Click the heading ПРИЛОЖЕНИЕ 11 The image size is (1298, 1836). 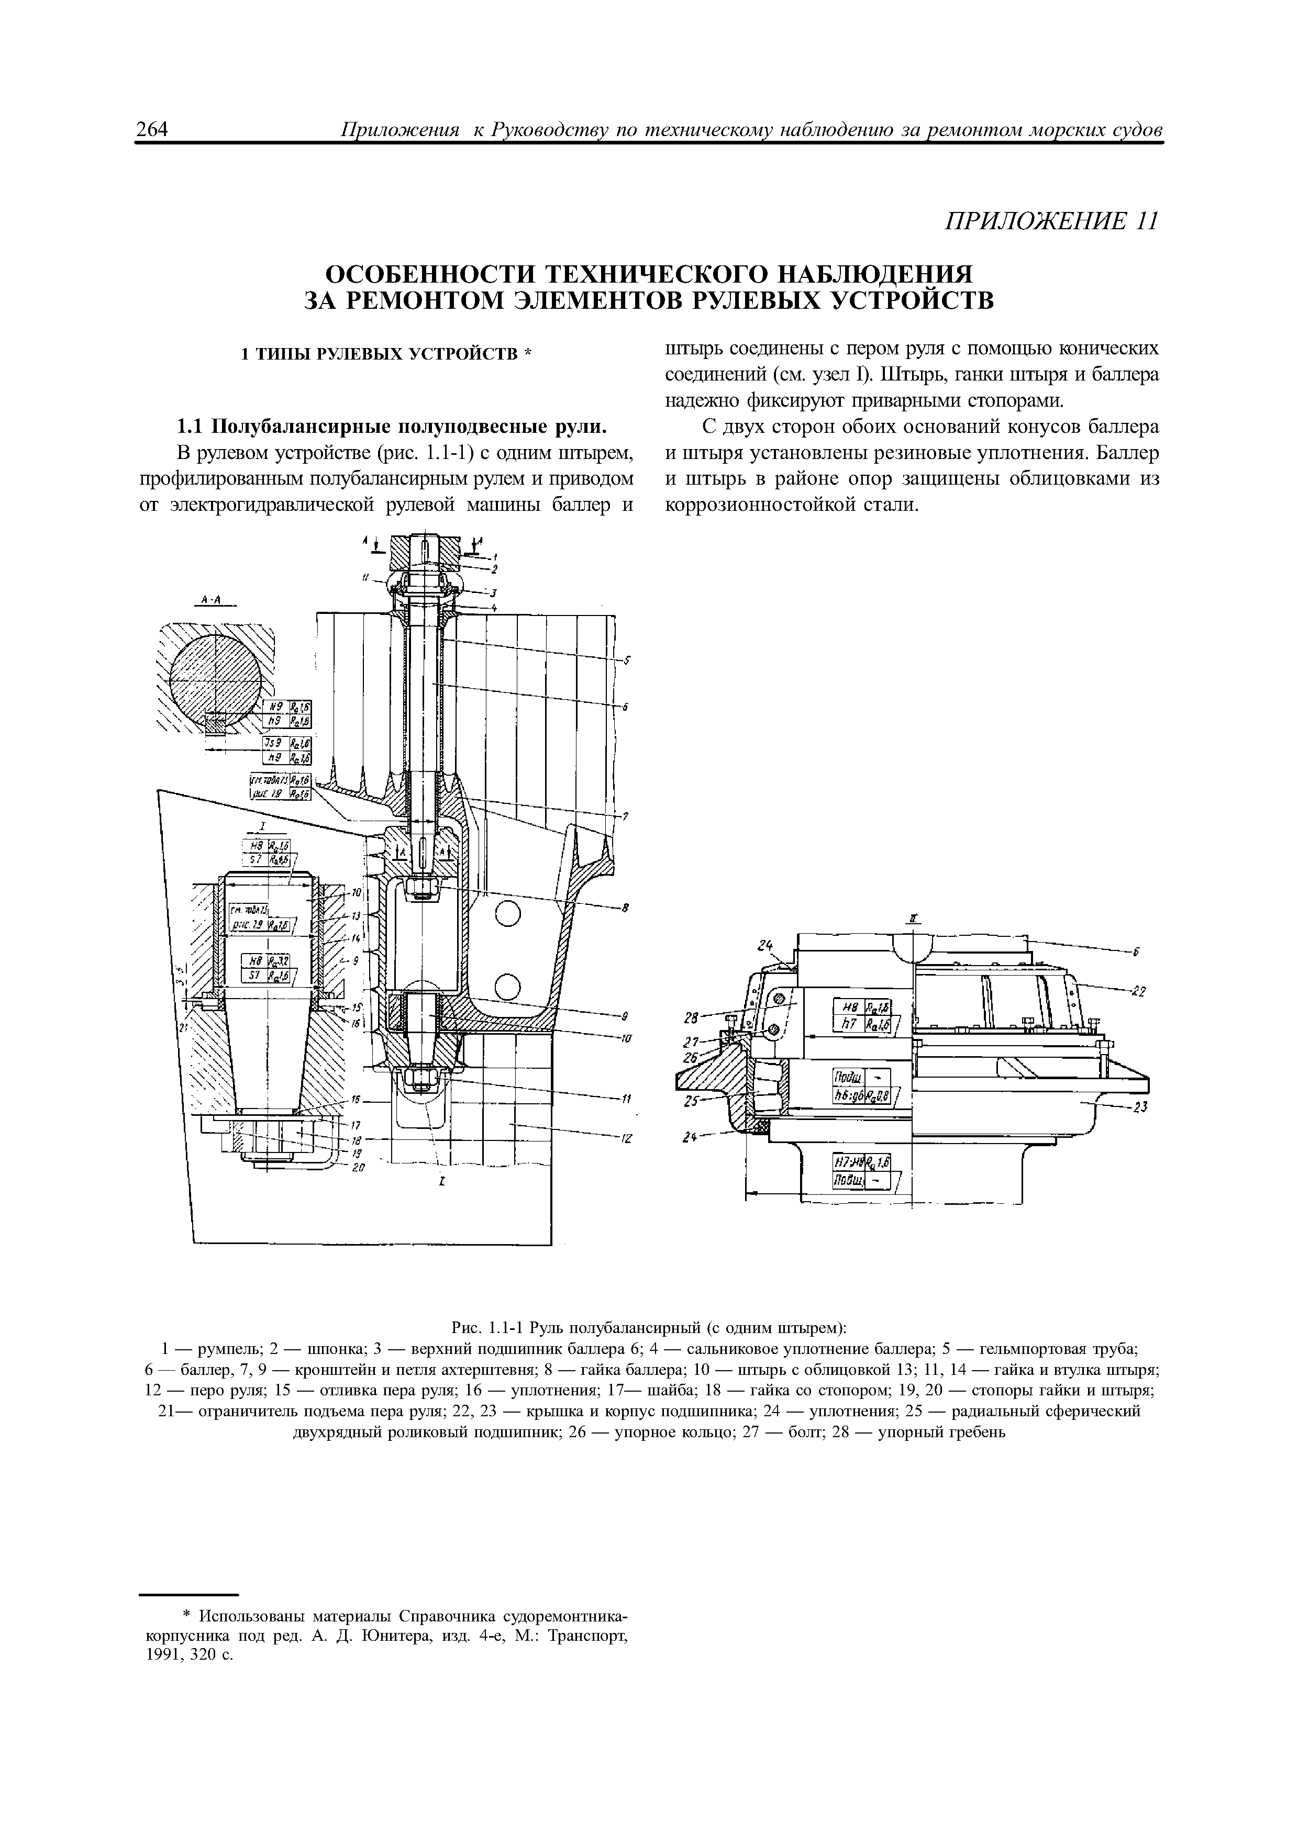(x=1051, y=221)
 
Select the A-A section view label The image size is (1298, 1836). (x=213, y=601)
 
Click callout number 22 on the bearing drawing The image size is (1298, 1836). (x=1139, y=992)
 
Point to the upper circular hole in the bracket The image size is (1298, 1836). (x=508, y=914)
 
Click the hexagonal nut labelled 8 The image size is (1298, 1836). (x=421, y=886)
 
